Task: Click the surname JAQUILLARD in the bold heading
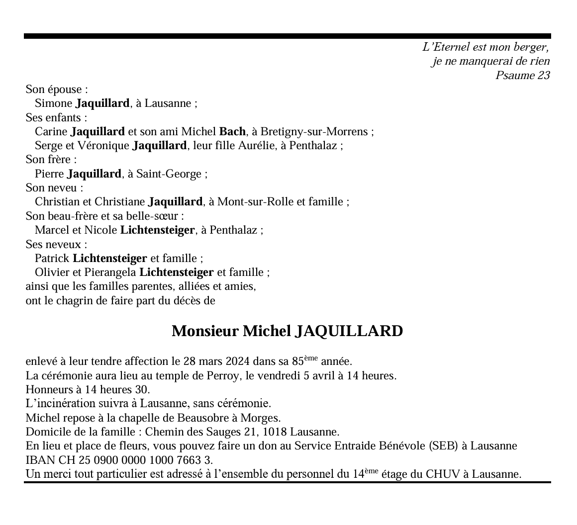pyautogui.click(x=349, y=331)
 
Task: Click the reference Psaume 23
pyautogui.click(x=522, y=76)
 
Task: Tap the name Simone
pyautogui.click(x=53, y=103)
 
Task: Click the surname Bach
pyautogui.click(x=232, y=132)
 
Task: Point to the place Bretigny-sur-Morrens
pyautogui.click(x=314, y=132)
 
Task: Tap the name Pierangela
pyautogui.click(x=112, y=272)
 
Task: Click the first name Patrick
pyautogui.click(x=52, y=259)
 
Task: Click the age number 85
pyautogui.click(x=297, y=361)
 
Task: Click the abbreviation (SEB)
pyautogui.click(x=443, y=446)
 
